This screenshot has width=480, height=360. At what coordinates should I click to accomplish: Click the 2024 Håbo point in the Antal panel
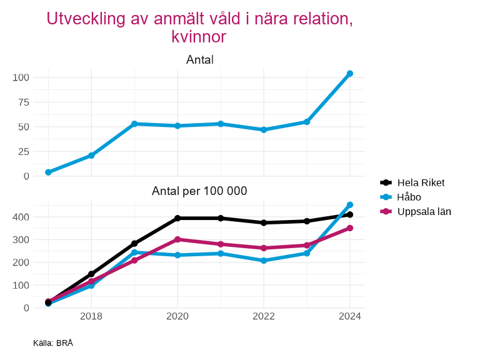coord(350,74)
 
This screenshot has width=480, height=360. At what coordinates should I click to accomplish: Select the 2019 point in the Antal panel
coord(134,124)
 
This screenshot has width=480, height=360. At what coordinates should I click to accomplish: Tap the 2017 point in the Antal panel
coord(48,172)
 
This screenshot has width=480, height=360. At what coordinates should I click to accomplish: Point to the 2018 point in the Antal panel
coord(91,155)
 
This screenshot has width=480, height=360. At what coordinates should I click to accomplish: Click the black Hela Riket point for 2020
coord(177,218)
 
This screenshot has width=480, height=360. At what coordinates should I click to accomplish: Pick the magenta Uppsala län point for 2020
coord(177,239)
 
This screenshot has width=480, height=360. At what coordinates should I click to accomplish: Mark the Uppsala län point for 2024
coord(350,228)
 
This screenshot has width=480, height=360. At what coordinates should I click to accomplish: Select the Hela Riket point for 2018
coord(91,274)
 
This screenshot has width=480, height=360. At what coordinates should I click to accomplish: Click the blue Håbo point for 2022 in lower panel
coord(264,261)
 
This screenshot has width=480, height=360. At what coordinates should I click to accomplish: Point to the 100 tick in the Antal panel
coord(21,77)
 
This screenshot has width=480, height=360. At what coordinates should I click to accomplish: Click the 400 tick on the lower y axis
coord(21,217)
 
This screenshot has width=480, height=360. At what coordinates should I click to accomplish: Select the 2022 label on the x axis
coord(264,316)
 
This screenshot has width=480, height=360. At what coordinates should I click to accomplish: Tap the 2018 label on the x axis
coord(91,316)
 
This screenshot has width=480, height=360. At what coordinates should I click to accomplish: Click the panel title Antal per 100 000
coord(199,191)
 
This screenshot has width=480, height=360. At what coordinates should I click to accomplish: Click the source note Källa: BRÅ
coord(53,342)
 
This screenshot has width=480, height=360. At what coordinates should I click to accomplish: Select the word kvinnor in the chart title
coord(199,37)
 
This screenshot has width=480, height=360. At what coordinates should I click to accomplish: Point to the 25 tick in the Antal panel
coord(24,151)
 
